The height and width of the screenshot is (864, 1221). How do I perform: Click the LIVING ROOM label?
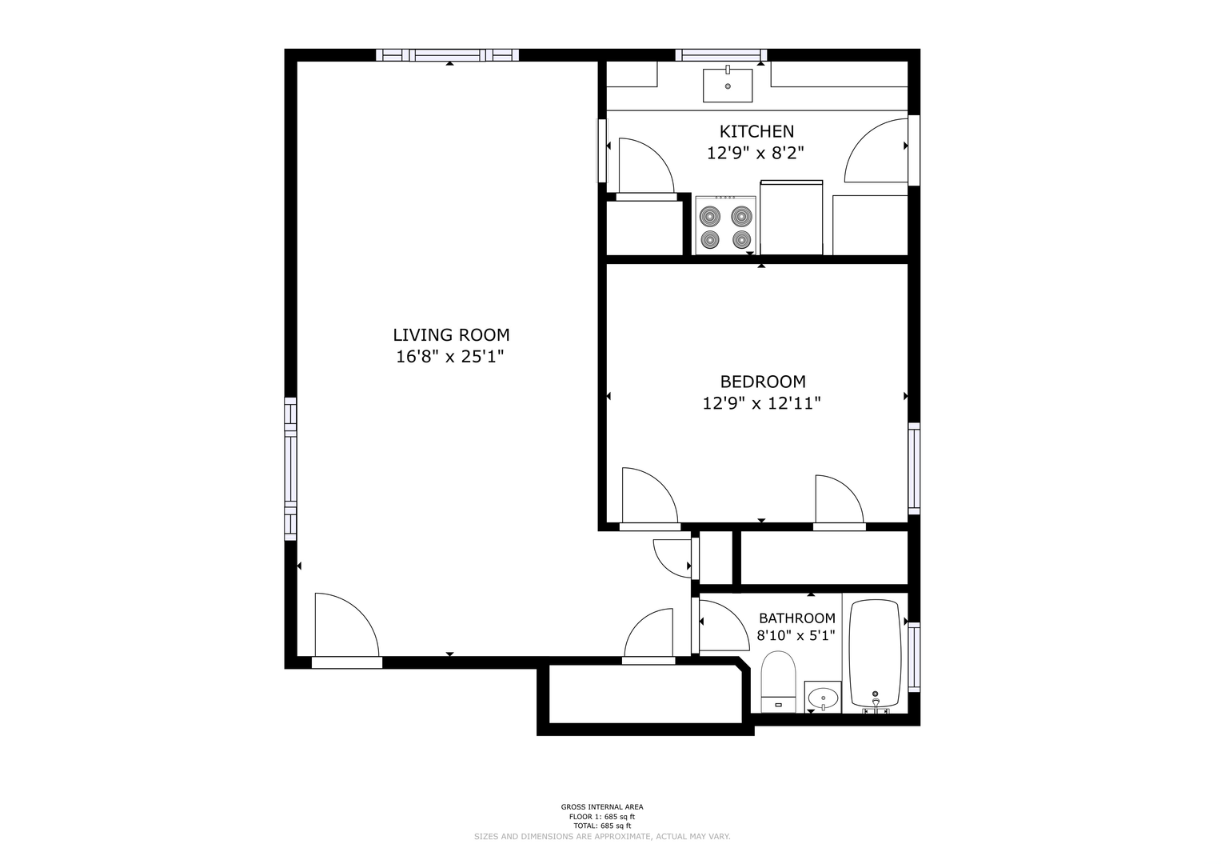point(451,334)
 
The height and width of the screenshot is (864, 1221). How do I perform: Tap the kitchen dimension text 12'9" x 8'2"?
point(756,153)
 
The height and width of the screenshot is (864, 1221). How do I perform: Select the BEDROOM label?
point(763,382)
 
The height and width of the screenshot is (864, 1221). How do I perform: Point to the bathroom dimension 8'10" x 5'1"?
point(796,635)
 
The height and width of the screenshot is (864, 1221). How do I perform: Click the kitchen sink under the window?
point(728,85)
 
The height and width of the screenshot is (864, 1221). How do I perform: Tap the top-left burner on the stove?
point(710,216)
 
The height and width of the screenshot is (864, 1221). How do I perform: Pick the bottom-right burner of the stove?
point(742,239)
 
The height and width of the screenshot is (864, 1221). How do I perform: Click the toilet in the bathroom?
point(778,682)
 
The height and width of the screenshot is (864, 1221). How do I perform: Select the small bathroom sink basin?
point(823,697)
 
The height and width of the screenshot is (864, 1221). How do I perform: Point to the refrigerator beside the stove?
point(791,217)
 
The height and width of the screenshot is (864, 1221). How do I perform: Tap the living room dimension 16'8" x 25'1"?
point(449,357)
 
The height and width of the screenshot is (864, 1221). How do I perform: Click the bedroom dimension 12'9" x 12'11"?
point(761,404)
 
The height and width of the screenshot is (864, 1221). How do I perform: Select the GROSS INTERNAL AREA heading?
point(602,806)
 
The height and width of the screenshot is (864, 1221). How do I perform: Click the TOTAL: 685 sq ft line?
point(602,826)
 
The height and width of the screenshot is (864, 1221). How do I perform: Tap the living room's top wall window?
point(447,54)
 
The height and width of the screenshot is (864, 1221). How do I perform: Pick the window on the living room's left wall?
point(290,469)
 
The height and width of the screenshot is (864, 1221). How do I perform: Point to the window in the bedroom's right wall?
point(914,469)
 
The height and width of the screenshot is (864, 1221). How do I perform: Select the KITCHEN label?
point(756,131)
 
